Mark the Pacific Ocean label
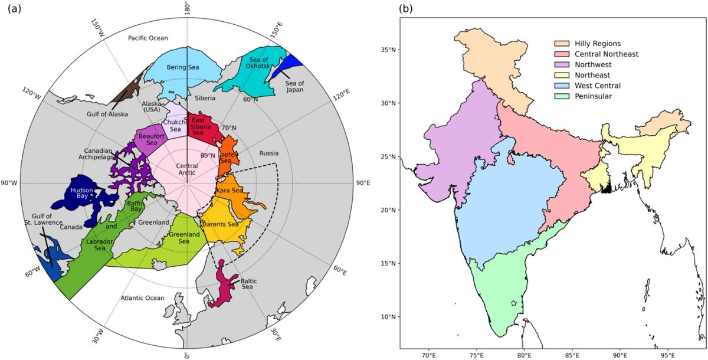coord(148,38)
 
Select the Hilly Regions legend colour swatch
coord(561,44)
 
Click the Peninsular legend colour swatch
coord(561,96)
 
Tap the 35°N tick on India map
coord(388,50)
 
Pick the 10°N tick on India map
coord(388,317)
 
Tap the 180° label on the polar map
coord(187,10)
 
